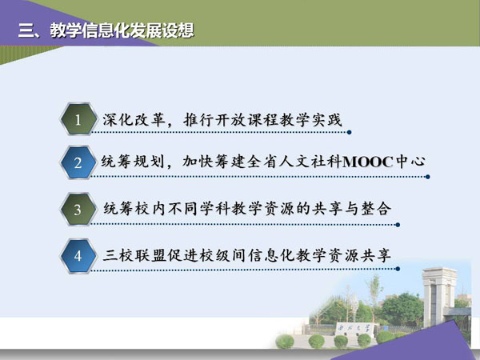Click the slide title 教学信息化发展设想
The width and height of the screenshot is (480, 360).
click(122, 30)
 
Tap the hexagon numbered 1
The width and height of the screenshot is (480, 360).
click(78, 119)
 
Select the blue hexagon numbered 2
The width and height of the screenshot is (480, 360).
click(78, 162)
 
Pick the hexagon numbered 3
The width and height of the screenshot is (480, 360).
click(78, 210)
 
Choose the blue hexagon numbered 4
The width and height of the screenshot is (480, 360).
click(78, 256)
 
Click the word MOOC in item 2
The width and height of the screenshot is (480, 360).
click(368, 162)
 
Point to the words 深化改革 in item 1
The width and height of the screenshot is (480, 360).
click(133, 120)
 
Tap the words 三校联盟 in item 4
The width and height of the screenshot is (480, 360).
click(134, 255)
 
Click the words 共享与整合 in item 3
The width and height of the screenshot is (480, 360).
click(351, 209)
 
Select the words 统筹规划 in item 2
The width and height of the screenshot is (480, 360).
click(133, 162)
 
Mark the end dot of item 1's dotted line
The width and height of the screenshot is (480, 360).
click(349, 132)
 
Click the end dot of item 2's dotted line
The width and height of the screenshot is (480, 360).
click(428, 177)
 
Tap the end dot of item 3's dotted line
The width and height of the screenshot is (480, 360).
click(398, 225)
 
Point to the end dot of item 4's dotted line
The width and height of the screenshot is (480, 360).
click(398, 269)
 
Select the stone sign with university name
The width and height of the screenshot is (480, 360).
click(354, 329)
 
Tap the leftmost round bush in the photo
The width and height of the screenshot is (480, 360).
click(285, 342)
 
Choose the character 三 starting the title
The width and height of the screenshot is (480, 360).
click(26, 31)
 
